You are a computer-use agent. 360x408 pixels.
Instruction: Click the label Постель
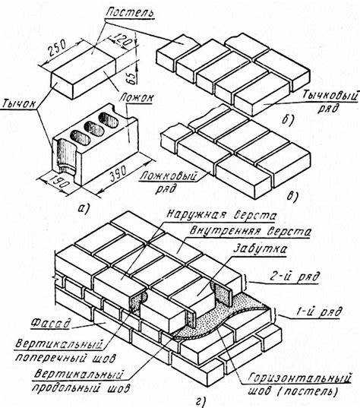click(x=130, y=11)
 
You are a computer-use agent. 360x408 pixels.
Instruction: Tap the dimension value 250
click(x=58, y=48)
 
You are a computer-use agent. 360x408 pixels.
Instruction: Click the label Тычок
click(x=19, y=104)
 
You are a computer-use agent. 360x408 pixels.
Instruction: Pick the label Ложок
click(x=137, y=98)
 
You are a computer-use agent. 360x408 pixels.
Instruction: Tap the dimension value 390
click(x=118, y=172)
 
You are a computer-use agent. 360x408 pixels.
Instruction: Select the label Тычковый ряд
click(x=330, y=102)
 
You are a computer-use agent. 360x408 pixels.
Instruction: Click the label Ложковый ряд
click(x=168, y=182)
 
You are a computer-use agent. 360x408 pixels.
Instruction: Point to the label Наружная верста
click(x=221, y=215)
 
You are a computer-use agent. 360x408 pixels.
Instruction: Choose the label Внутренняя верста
click(x=250, y=231)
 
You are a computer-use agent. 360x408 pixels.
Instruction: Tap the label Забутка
click(x=261, y=248)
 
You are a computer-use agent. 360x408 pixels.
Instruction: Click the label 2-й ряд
click(x=294, y=277)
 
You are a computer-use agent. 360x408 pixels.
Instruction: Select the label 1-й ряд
click(x=318, y=312)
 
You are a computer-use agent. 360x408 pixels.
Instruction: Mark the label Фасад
click(x=50, y=323)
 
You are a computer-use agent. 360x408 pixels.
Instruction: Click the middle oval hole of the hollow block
click(x=94, y=128)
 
